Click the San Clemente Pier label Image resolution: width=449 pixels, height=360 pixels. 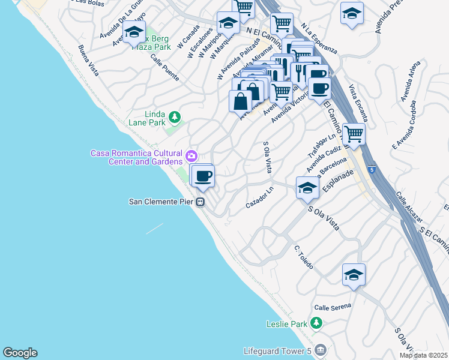tap(161, 202)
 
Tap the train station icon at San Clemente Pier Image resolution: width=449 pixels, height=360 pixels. tap(201, 202)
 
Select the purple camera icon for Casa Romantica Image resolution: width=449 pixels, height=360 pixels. tap(191, 156)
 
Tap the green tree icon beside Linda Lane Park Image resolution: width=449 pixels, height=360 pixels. tap(174, 116)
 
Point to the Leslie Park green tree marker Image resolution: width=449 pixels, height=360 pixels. tap(316, 324)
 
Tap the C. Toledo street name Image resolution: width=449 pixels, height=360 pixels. tap(305, 257)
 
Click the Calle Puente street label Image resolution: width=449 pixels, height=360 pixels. tap(165, 68)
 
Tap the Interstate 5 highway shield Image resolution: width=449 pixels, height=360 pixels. tap(372, 170)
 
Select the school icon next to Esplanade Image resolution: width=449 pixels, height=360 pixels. tap(307, 188)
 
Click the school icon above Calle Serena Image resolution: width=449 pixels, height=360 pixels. tap(354, 275)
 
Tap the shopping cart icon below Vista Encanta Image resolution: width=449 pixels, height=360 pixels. tap(354, 135)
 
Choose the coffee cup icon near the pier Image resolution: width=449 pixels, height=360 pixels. tap(203, 176)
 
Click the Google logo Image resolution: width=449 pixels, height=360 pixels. tap(20, 353)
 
